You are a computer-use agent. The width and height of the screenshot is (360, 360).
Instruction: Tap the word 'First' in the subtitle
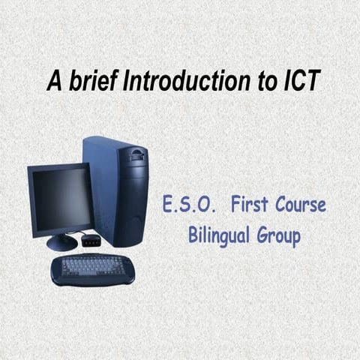click(251, 204)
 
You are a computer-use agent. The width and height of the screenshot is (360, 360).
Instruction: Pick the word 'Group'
click(278, 238)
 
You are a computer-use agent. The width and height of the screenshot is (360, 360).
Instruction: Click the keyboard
click(91, 267)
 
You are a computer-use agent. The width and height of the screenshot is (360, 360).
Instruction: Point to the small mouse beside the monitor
click(91, 240)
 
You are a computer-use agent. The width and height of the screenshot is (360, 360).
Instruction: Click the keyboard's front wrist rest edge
click(91, 279)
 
